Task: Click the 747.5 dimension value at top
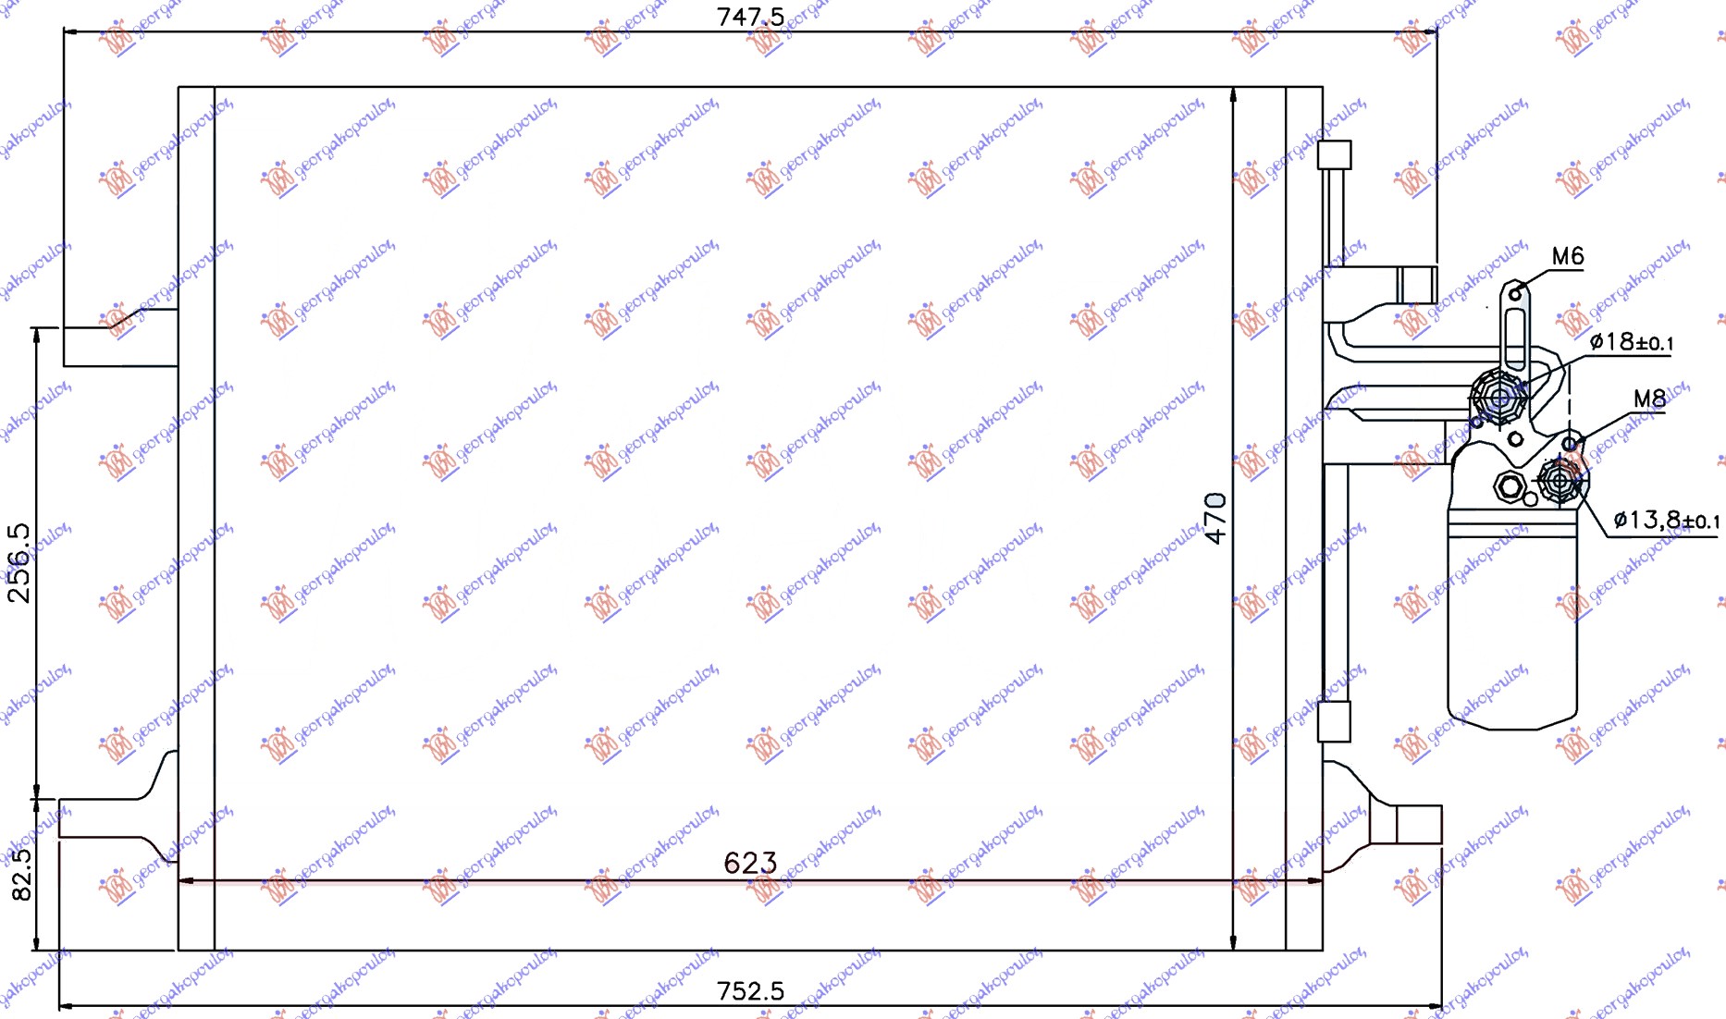pyautogui.click(x=750, y=17)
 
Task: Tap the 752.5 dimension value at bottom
pyautogui.click(x=750, y=991)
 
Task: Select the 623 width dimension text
pyautogui.click(x=750, y=863)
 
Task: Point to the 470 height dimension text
pyautogui.click(x=1215, y=518)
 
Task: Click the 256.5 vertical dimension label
pyautogui.click(x=19, y=562)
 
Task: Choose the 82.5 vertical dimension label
pyautogui.click(x=21, y=874)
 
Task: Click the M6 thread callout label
pyautogui.click(x=1568, y=256)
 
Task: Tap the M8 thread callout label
pyautogui.click(x=1649, y=399)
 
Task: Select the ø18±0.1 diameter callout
pyautogui.click(x=1632, y=342)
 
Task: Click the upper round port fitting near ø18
pyautogui.click(x=1498, y=399)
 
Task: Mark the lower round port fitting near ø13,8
pyautogui.click(x=1560, y=481)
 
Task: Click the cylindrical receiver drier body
pyautogui.click(x=1512, y=629)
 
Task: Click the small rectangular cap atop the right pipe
pyautogui.click(x=1334, y=154)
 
